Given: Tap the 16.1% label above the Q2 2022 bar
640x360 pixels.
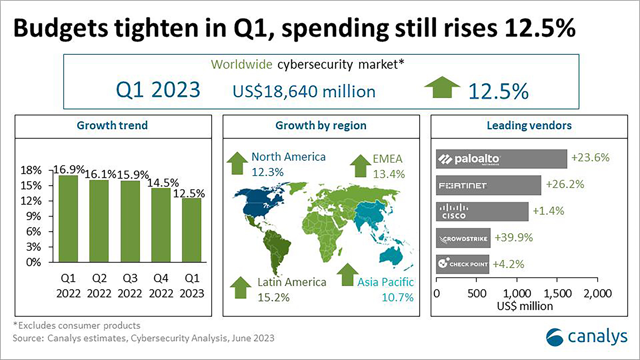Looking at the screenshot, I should click(x=100, y=174).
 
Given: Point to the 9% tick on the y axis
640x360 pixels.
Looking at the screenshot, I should click(x=34, y=216).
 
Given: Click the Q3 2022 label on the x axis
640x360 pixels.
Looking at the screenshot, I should click(x=130, y=286).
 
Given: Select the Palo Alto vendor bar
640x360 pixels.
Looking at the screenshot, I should click(x=501, y=159).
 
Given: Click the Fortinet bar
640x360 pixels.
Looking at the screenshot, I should click(x=488, y=185).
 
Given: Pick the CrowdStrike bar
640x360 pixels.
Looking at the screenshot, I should click(x=463, y=238).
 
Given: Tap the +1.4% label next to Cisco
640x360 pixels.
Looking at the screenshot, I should click(x=549, y=211).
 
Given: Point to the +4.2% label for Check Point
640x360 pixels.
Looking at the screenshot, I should click(x=508, y=264).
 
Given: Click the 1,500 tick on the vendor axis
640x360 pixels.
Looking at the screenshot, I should click(x=557, y=293).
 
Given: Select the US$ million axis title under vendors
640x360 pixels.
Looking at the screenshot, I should click(x=525, y=306).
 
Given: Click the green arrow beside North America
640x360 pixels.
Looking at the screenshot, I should click(x=237, y=163).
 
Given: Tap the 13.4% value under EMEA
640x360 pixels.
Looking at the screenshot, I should click(x=389, y=174).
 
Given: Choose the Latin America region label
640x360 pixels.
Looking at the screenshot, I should click(x=292, y=282).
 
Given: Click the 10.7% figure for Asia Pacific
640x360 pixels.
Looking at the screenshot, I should click(x=397, y=297).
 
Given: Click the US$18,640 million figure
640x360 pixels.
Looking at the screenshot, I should click(x=304, y=91).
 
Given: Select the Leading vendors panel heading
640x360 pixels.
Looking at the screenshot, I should click(x=529, y=126).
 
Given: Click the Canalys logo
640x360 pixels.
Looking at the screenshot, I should click(x=587, y=337).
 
